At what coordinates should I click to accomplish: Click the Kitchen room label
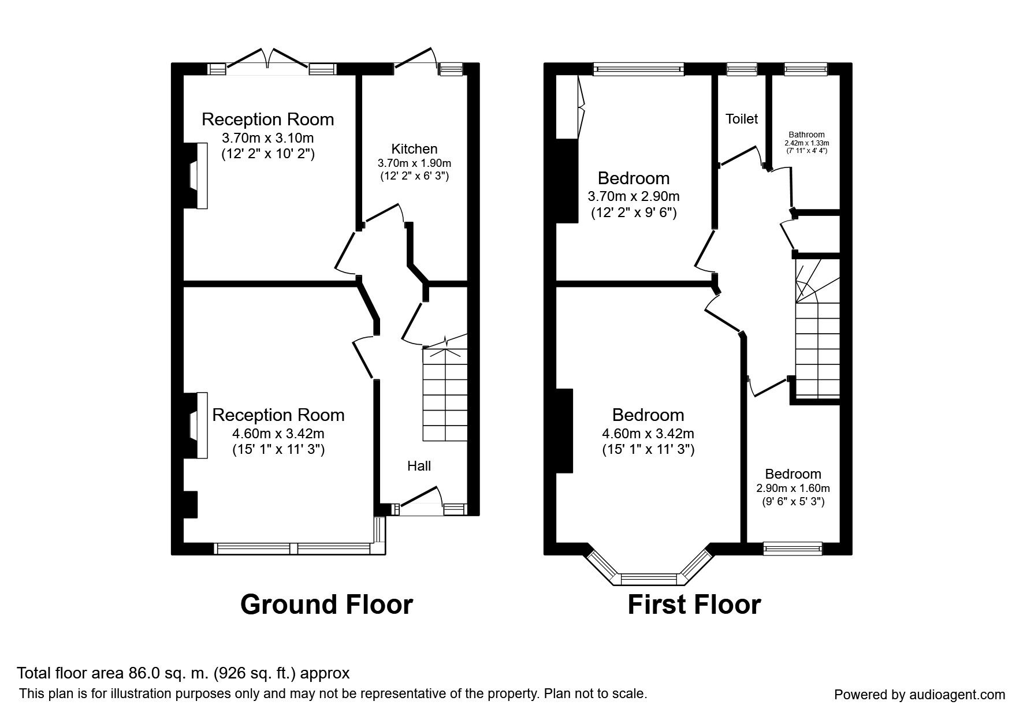414,148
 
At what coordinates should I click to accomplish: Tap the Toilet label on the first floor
742,119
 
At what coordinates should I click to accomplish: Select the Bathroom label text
807,135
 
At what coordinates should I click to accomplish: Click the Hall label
419,466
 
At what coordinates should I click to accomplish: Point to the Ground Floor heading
326,605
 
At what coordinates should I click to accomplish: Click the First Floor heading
694,605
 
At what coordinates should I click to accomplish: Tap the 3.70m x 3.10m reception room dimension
268,138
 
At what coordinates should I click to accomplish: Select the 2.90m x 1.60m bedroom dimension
793,488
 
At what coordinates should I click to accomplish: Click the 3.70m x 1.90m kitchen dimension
414,163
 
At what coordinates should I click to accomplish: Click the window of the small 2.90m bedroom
793,548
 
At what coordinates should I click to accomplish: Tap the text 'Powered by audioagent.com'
920,695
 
